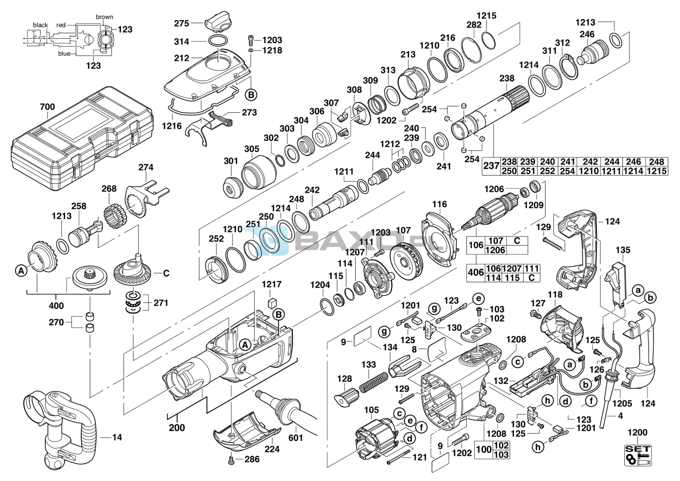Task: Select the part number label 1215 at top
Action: [486, 16]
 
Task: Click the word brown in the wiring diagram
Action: [104, 17]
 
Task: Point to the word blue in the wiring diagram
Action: [64, 54]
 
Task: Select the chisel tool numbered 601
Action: [285, 407]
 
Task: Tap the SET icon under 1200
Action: [638, 455]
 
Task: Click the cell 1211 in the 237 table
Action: [611, 171]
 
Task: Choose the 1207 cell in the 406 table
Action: [512, 269]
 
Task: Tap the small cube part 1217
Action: [272, 303]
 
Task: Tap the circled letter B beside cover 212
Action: [251, 95]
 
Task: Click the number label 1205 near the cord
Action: [622, 403]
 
